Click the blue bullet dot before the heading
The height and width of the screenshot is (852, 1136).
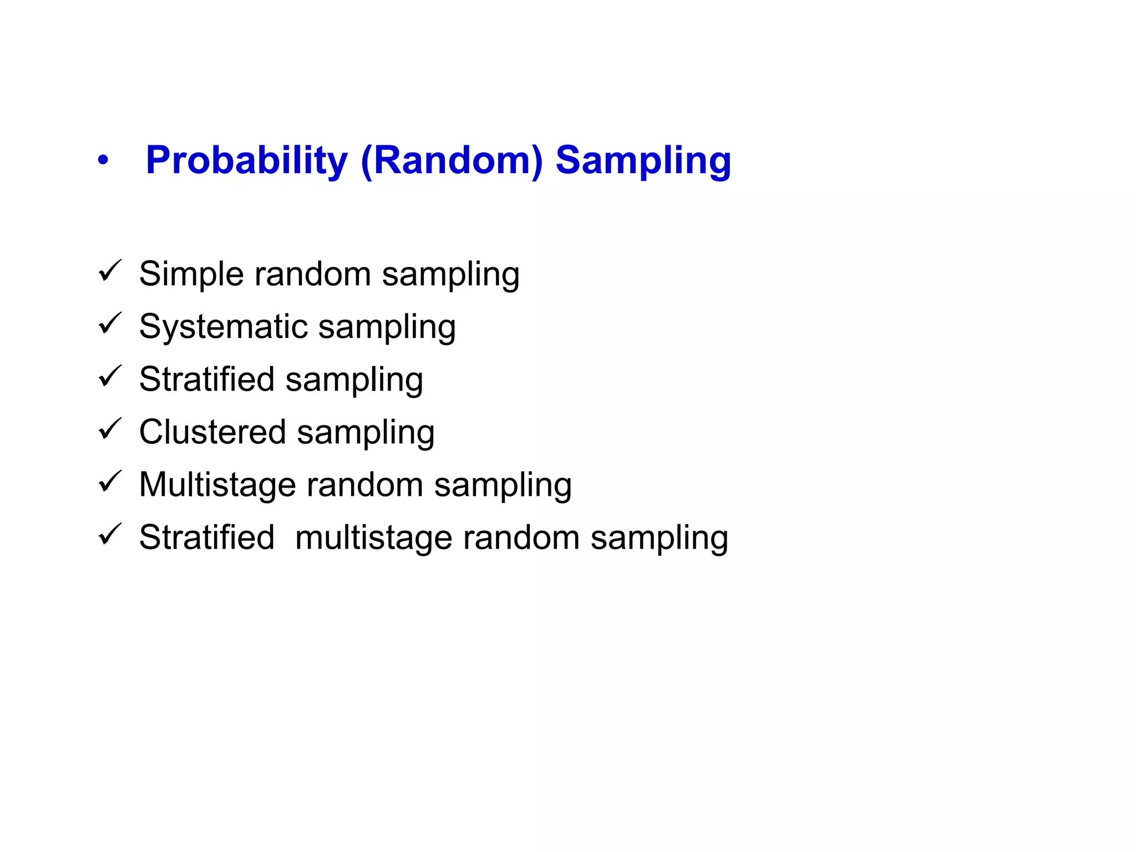click(x=103, y=161)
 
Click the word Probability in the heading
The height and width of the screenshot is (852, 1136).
click(x=246, y=161)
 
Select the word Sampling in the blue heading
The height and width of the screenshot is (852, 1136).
click(x=643, y=161)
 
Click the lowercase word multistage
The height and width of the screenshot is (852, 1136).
click(x=373, y=537)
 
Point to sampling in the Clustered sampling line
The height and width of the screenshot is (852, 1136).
click(x=366, y=433)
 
